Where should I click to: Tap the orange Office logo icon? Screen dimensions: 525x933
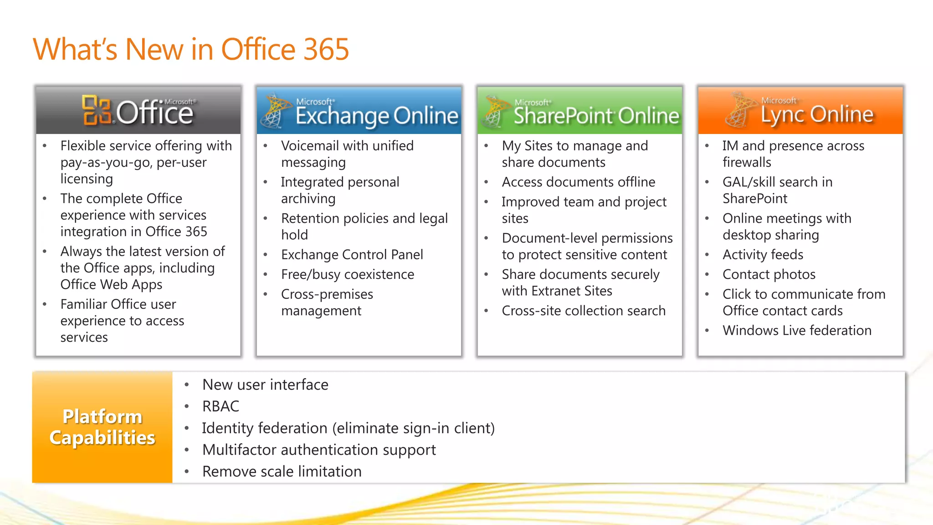[x=96, y=110]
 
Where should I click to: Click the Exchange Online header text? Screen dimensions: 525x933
[x=376, y=116]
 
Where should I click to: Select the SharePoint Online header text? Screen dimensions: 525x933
[x=596, y=116]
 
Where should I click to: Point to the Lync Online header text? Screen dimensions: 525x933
[x=817, y=114]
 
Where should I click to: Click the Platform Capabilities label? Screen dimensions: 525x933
[x=102, y=427]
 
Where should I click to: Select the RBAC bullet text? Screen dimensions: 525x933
[x=220, y=406]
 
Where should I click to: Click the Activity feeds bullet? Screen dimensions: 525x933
[x=763, y=254]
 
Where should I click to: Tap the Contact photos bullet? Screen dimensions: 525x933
[x=769, y=274]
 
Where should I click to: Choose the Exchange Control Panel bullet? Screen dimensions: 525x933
[x=352, y=254]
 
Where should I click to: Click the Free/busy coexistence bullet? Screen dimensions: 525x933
[x=347, y=274]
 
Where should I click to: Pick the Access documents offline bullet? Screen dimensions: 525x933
[x=578, y=182]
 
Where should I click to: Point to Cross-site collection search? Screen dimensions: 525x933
[x=583, y=311]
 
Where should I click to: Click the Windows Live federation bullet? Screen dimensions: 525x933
[x=797, y=330]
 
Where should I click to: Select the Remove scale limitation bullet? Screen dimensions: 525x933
[x=282, y=471]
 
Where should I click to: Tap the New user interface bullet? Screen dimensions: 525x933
[x=265, y=385]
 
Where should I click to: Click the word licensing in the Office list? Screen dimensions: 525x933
[x=87, y=179]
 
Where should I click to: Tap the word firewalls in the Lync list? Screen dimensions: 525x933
[x=747, y=162]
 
